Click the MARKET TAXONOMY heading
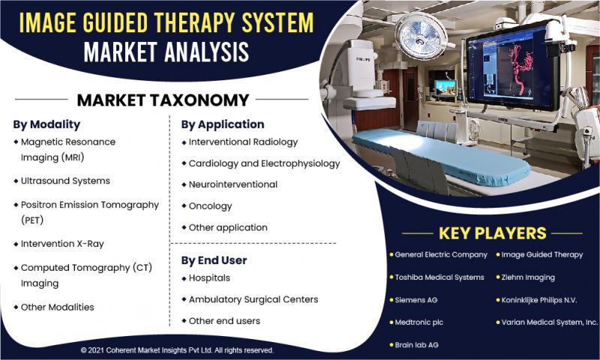tap(163, 100)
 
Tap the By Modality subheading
tap(46, 124)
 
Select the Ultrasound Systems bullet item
tap(65, 181)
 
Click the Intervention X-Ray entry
tap(62, 244)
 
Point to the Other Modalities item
tap(58, 307)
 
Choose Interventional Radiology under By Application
tap(243, 142)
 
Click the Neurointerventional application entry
tap(233, 184)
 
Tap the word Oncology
tap(211, 206)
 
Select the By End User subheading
tap(214, 260)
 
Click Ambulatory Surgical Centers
tap(253, 299)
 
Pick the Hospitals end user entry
tap(209, 278)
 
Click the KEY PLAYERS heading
tap(493, 233)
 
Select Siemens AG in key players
tap(416, 300)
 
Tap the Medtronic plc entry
tap(419, 322)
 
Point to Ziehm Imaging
tap(528, 277)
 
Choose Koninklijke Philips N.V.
tap(538, 300)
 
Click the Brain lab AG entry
tap(417, 345)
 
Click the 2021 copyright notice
tap(177, 350)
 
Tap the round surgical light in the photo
tap(420, 36)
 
